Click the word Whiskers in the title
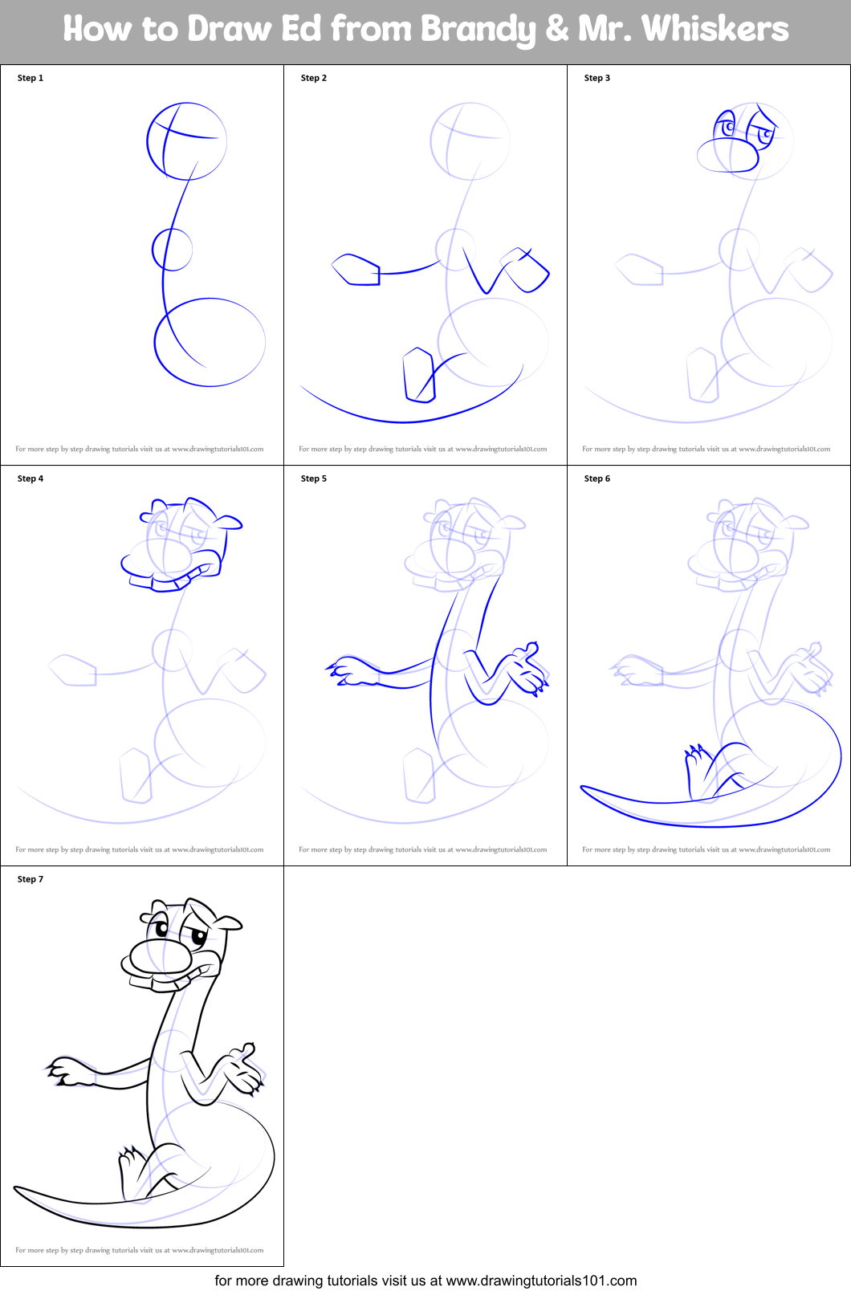pos(715,29)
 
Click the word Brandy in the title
pos(478,31)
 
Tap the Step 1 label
pos(31,78)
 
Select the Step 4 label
pos(31,479)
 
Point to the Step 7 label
pos(31,879)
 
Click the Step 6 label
pos(597,479)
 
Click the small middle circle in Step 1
pos(172,250)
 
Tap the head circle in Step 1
pos(187,141)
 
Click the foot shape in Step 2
pos(417,374)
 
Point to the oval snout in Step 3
pos(727,155)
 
